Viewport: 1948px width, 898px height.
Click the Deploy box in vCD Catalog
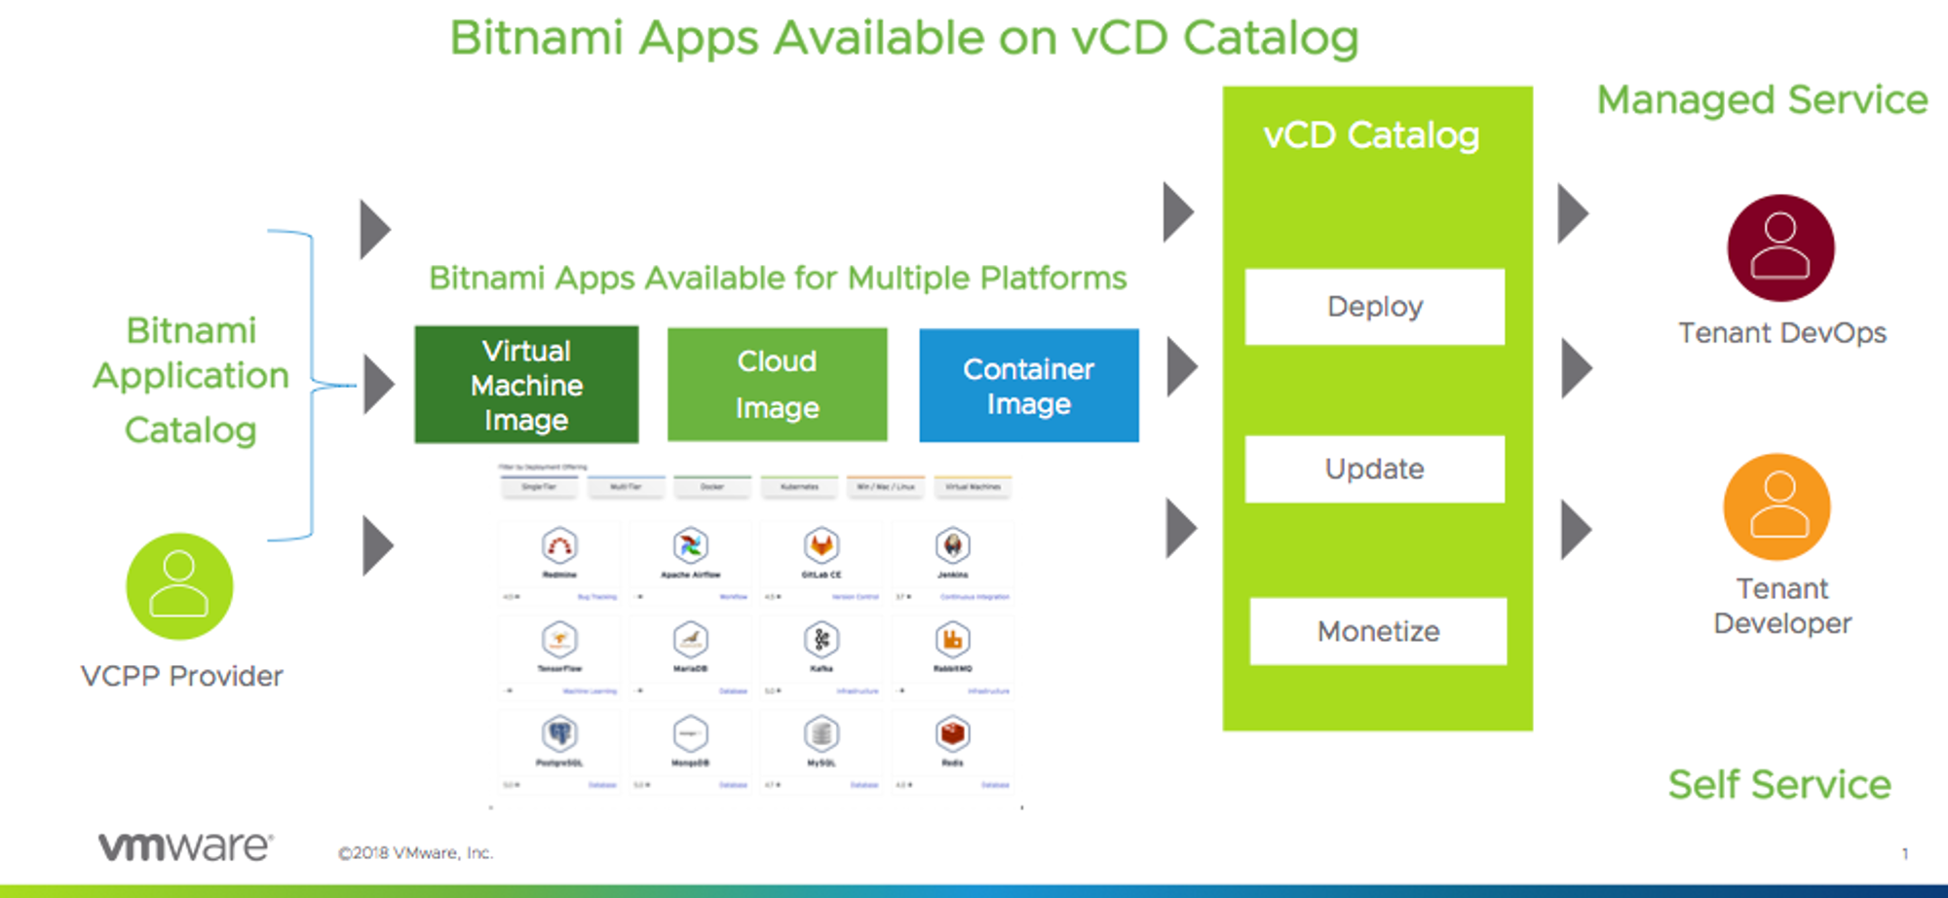1374,307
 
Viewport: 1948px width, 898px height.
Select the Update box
1374,469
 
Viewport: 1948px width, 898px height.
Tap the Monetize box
1378,631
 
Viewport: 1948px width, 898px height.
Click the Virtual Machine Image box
526,385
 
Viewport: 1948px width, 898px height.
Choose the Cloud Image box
777,385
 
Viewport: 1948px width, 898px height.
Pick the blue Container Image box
1028,386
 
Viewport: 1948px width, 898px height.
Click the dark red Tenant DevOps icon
1780,248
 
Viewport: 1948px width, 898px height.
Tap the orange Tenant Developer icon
1776,506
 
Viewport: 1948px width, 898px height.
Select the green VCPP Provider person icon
179,586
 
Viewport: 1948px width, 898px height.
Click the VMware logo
185,846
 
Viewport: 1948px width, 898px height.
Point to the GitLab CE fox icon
821,545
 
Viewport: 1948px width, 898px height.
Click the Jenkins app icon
952,545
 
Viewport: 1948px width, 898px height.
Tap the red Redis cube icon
952,733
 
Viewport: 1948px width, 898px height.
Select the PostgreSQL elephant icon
559,733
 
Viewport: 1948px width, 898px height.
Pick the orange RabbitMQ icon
952,640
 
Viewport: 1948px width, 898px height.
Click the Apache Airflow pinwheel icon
690,545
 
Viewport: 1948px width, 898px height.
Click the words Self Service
1779,784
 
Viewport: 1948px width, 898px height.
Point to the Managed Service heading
1762,100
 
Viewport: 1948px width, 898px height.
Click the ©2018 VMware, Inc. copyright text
416,853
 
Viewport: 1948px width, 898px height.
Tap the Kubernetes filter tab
799,486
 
